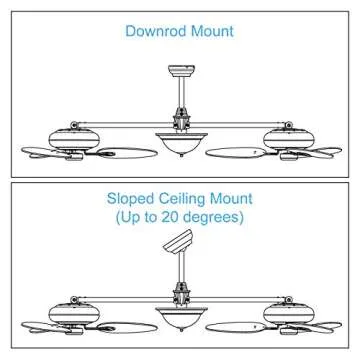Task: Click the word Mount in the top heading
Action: (x=213, y=31)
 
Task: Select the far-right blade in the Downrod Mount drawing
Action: (x=322, y=153)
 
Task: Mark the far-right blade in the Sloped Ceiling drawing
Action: (x=322, y=321)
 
